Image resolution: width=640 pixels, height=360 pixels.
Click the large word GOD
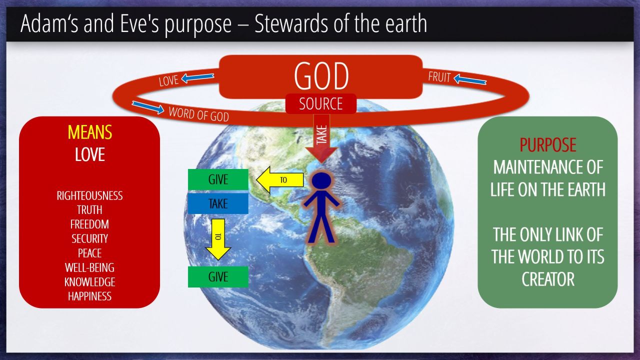point(321,75)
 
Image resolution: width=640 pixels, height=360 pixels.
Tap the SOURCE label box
point(321,103)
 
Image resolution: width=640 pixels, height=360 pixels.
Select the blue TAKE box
point(218,203)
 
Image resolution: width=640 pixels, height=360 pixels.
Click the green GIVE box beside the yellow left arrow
point(218,179)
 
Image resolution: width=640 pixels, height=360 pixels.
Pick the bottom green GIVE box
point(218,276)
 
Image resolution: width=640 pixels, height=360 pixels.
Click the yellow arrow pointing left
point(279,179)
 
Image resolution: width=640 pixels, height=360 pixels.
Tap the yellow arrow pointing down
point(218,239)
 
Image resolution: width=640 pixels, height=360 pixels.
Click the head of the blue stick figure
point(321,181)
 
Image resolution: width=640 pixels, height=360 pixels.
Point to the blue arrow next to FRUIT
point(470,79)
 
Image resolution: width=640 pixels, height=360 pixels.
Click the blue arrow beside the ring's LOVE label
point(197,77)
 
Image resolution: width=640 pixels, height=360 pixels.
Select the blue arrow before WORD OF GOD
point(148,107)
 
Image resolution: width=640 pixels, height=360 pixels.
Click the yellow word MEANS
point(89,132)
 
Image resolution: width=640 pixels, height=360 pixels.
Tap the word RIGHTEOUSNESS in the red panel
point(89,195)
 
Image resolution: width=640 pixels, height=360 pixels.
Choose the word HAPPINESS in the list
point(89,296)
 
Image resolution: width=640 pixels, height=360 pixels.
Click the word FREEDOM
point(89,224)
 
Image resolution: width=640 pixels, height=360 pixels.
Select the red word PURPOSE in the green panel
point(547,145)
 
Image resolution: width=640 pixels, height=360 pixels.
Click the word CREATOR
point(548,279)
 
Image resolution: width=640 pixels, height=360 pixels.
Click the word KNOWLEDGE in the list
point(89,282)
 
